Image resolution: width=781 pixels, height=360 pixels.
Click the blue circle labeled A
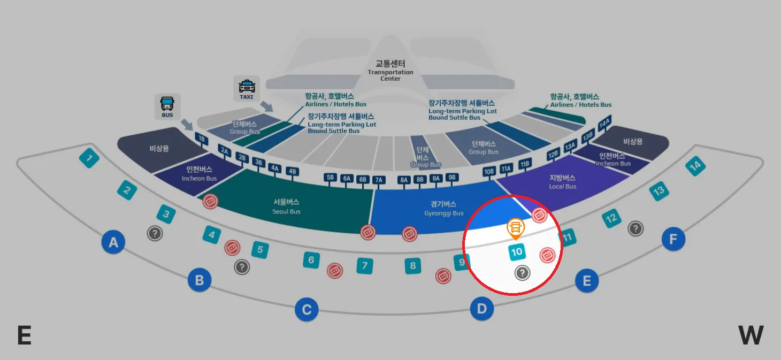click(113, 243)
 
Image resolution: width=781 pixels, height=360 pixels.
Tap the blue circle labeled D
click(482, 309)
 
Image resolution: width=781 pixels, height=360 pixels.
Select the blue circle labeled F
click(673, 239)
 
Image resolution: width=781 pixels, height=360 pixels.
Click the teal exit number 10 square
click(517, 252)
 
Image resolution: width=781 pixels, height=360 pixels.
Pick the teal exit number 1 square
click(89, 158)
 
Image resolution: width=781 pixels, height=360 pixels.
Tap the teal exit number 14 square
click(695, 166)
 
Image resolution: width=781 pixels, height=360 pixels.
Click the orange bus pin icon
click(516, 228)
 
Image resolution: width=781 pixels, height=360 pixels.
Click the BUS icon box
click(167, 106)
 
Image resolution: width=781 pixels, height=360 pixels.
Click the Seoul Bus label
click(287, 206)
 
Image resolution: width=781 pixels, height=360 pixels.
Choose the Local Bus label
click(563, 182)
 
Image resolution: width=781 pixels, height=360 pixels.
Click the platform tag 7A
click(379, 180)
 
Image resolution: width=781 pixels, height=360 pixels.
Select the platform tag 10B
click(489, 172)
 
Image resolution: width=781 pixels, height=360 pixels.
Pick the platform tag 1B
click(201, 139)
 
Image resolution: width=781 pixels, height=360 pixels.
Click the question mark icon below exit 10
click(522, 273)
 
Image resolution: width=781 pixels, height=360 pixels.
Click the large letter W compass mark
click(751, 335)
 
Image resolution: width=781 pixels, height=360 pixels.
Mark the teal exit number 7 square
click(364, 265)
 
